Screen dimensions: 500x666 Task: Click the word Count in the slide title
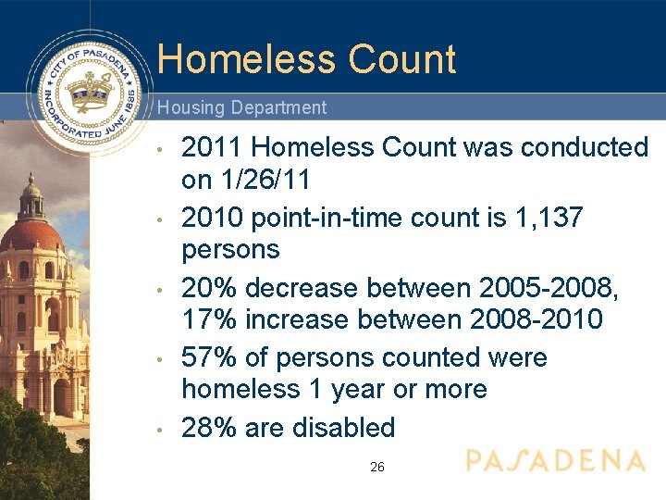pos(402,59)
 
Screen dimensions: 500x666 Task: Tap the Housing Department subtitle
pos(241,107)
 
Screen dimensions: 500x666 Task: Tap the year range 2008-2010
pos(536,320)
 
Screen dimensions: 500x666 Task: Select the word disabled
pos(343,428)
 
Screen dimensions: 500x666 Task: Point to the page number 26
pos(377,468)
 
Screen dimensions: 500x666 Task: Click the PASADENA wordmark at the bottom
pos(555,460)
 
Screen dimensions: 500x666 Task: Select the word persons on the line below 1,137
pos(230,250)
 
